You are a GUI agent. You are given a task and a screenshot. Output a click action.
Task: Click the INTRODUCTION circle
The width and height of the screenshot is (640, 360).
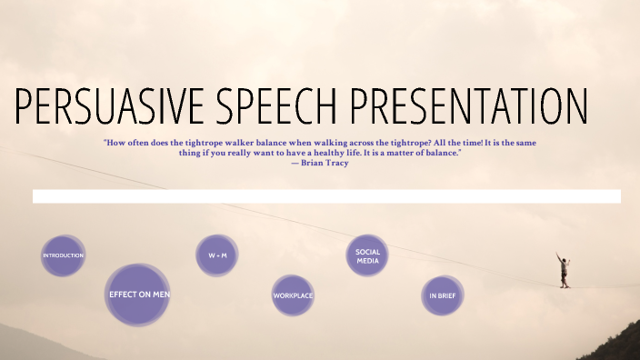pyautogui.click(x=64, y=255)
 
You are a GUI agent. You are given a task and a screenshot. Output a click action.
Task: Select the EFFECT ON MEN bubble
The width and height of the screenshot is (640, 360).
pyautogui.click(x=138, y=295)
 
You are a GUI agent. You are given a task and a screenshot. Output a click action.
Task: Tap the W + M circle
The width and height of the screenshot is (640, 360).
pyautogui.click(x=217, y=255)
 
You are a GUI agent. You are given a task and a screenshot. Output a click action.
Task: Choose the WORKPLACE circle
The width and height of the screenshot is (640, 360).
pyautogui.click(x=293, y=295)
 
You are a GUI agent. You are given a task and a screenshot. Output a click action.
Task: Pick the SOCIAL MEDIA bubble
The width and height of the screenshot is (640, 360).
pyautogui.click(x=367, y=255)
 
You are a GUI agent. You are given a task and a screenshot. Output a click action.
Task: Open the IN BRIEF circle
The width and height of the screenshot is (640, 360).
pyautogui.click(x=443, y=295)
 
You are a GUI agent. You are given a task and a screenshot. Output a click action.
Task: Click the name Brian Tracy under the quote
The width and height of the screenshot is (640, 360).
pyautogui.click(x=324, y=164)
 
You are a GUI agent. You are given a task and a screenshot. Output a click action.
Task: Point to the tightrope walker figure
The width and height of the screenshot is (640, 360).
pyautogui.click(x=564, y=270)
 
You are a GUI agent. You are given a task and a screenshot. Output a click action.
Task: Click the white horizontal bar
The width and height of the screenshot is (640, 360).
pyautogui.click(x=326, y=196)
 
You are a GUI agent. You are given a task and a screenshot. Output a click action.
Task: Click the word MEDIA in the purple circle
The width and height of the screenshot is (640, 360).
pyautogui.click(x=367, y=260)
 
